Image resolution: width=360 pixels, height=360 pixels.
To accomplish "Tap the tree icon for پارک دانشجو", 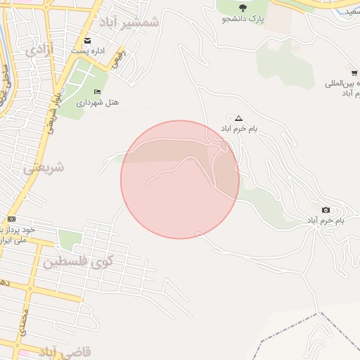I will point(243,8).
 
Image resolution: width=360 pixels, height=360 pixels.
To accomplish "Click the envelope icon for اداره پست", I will point(88,40).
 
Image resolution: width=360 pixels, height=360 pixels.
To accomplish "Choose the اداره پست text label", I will point(88,51).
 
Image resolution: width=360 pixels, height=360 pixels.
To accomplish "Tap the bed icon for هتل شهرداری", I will point(97,92).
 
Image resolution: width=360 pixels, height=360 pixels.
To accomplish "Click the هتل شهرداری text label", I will point(103,103).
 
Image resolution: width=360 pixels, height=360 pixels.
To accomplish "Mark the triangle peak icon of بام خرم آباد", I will point(238,118).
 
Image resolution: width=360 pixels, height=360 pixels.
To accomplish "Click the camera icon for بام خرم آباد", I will point(326,210).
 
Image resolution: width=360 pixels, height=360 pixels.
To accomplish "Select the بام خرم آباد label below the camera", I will point(325,221).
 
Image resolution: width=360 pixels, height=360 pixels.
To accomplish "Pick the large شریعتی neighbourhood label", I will point(44,168).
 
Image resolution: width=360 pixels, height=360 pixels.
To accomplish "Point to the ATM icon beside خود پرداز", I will point(11,219).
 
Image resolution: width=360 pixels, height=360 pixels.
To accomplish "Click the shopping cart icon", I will point(354,72).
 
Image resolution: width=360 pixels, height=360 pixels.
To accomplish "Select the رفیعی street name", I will point(117,60).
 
